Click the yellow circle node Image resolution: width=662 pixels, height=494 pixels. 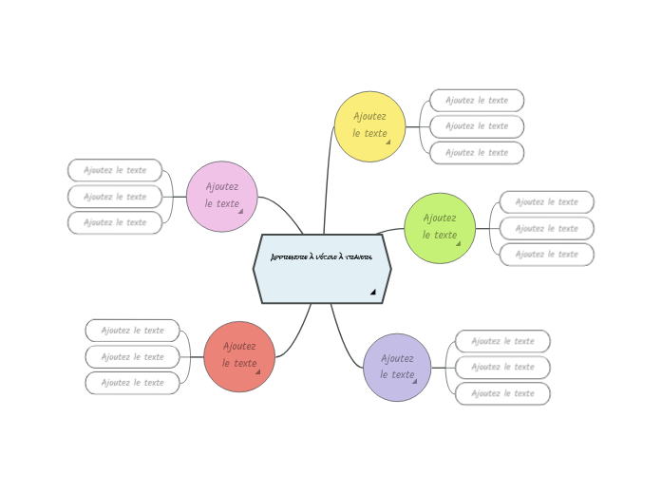369,126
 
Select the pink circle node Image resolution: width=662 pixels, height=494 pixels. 222,197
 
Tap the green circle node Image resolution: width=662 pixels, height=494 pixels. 440,228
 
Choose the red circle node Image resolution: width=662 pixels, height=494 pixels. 239,356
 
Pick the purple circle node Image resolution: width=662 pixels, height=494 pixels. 397,368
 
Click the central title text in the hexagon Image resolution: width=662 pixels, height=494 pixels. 321,257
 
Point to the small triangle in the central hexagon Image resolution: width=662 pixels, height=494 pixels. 373,292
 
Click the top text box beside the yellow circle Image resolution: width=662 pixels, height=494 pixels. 477,100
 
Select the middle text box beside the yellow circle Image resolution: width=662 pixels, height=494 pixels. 477,126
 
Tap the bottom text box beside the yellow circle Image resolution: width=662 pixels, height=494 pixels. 477,152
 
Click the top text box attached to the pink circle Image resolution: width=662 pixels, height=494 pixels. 115,170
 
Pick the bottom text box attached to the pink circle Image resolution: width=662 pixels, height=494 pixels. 115,222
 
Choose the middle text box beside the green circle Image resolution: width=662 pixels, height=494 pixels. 547,228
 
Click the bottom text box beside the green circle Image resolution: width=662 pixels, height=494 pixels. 547,254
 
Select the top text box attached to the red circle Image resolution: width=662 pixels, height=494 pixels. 132,331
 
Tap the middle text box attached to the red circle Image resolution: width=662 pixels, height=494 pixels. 132,356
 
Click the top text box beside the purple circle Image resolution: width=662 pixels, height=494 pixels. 502,341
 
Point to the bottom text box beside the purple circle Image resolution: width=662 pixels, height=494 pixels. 502,393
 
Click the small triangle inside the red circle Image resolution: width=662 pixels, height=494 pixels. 257,371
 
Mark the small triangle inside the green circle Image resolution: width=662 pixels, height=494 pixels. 458,243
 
